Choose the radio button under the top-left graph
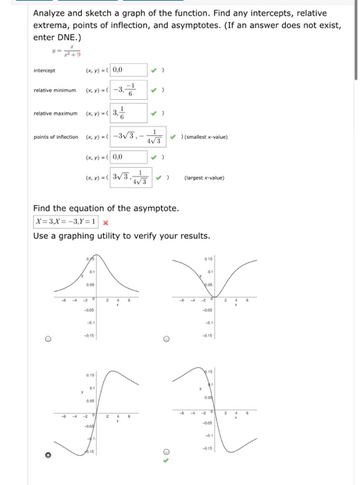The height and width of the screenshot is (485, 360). (48, 340)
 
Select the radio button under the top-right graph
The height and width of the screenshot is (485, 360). (165, 340)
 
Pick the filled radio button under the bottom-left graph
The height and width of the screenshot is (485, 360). (48, 455)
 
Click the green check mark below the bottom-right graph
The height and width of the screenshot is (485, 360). (165, 459)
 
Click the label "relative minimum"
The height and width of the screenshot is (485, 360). (53, 91)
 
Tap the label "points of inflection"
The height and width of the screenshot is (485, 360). (56, 137)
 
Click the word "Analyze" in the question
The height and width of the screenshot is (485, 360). (53, 14)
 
